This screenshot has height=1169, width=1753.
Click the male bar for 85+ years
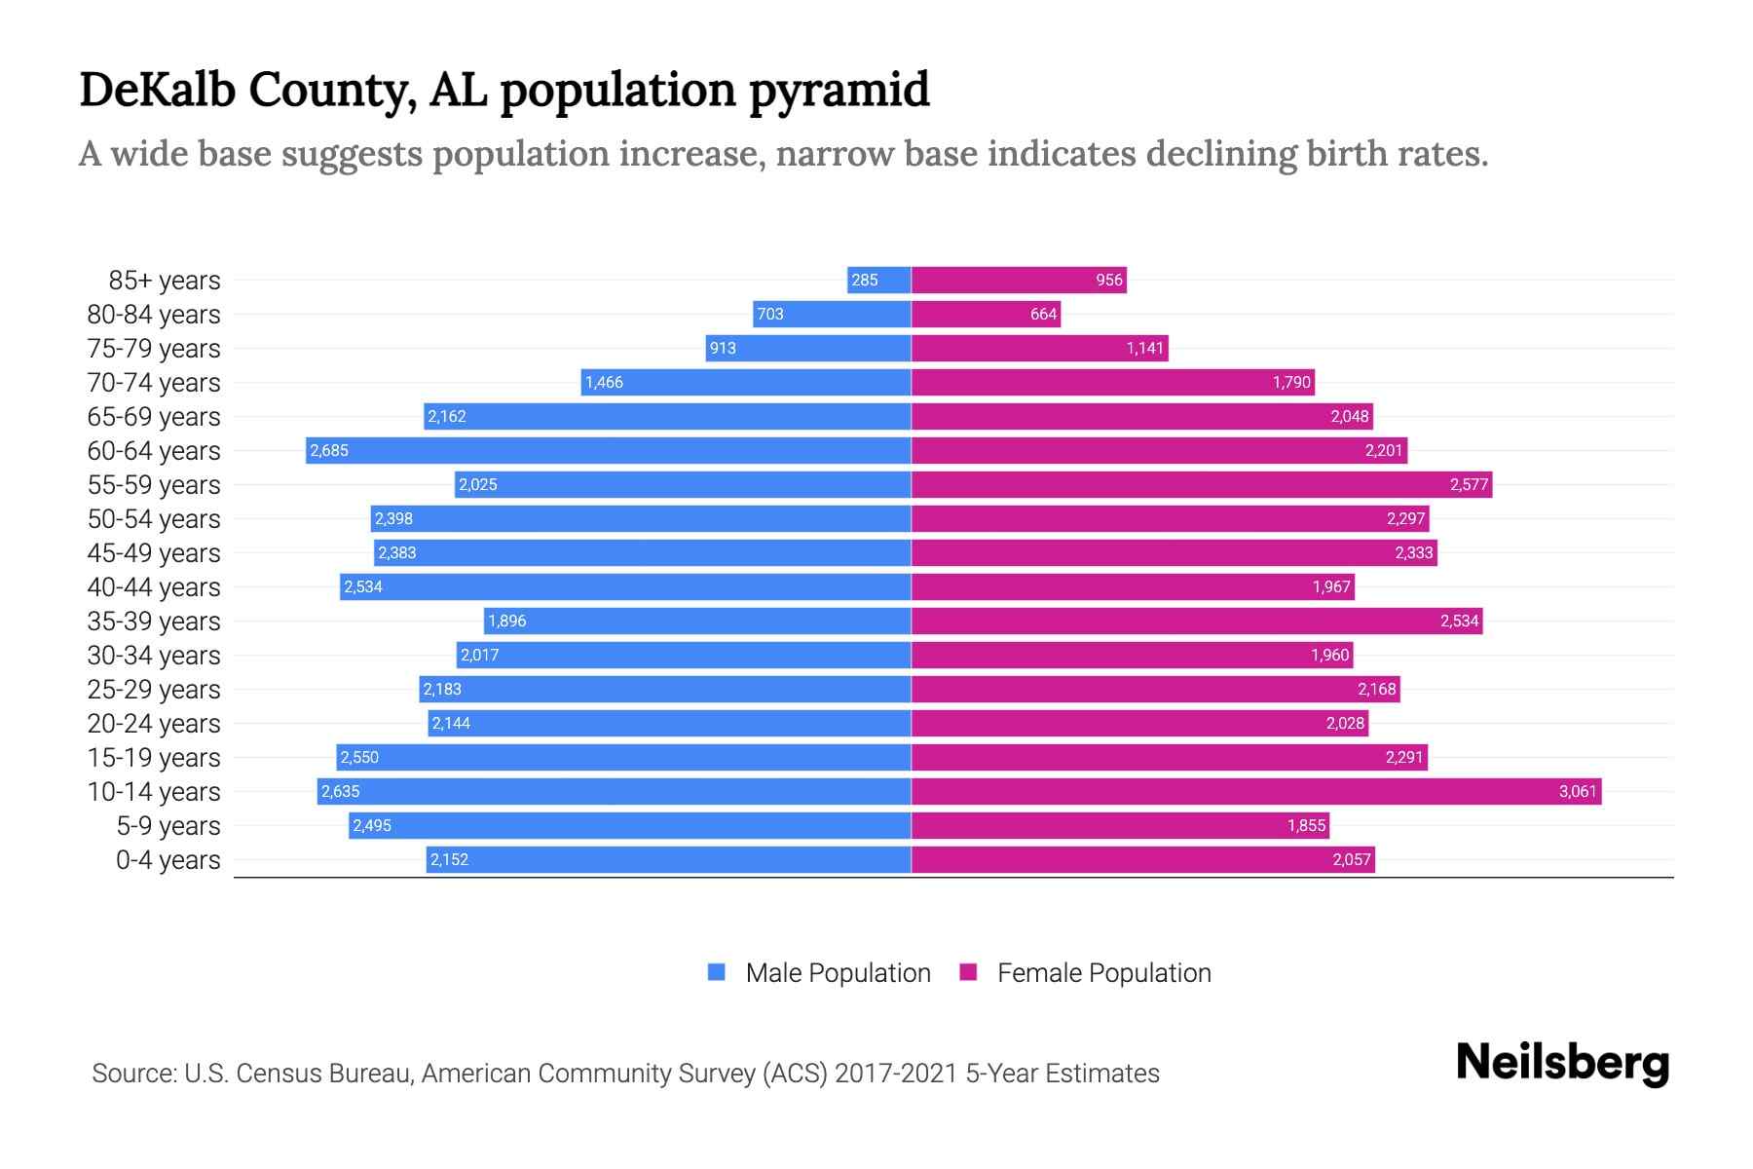[x=879, y=281]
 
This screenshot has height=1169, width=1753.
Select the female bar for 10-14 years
[x=1256, y=792]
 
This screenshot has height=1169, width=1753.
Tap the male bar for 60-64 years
[x=609, y=451]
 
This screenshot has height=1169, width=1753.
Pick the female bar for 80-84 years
[x=986, y=315]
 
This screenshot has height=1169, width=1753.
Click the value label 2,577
[x=1469, y=485]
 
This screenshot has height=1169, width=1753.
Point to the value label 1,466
[x=604, y=383]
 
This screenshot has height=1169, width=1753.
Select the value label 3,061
[x=1578, y=792]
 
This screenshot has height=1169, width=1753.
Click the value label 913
[x=723, y=349]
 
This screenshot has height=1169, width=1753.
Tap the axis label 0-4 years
[x=168, y=860]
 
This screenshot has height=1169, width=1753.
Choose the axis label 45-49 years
[x=154, y=553]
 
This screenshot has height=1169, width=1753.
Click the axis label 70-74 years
[x=154, y=383]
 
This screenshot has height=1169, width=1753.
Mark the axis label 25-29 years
[x=154, y=690]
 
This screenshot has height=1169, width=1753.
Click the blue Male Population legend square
[x=717, y=972]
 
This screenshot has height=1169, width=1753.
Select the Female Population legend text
[x=1103, y=973]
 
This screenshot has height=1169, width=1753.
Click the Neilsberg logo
[x=1562, y=1063]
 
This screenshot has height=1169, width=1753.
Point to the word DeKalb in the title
[x=157, y=90]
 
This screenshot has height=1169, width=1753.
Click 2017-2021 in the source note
[x=896, y=1074]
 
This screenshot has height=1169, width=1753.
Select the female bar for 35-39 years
[x=1197, y=622]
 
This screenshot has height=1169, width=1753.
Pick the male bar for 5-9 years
[x=630, y=826]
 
